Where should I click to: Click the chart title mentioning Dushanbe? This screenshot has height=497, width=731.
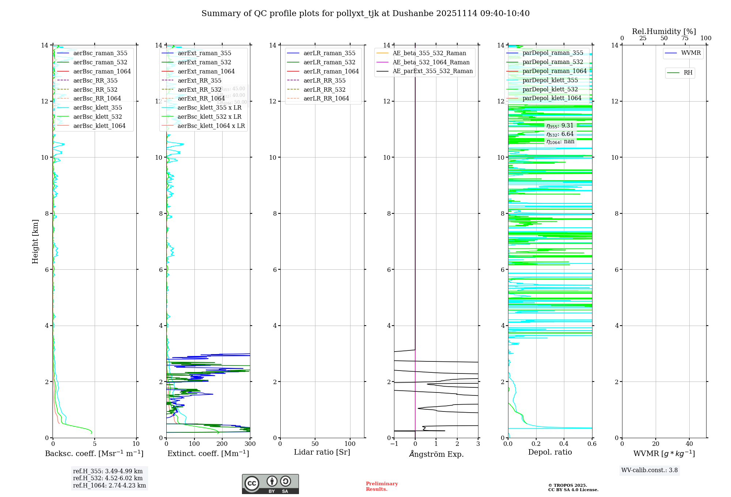click(365, 14)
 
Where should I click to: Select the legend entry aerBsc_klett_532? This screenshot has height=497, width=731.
click(97, 117)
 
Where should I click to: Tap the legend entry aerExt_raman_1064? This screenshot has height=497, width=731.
click(206, 72)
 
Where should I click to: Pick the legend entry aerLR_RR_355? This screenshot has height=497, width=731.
click(324, 81)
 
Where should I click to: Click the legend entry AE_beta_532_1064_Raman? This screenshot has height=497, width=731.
click(431, 62)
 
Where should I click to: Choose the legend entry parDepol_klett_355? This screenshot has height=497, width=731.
click(550, 80)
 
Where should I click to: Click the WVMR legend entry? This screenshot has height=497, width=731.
click(691, 53)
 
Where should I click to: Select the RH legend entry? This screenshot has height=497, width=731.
click(688, 73)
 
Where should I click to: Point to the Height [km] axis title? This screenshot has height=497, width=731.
click(35, 242)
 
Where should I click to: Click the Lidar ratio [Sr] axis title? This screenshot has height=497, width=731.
click(322, 452)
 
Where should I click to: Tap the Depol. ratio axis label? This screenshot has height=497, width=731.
click(550, 452)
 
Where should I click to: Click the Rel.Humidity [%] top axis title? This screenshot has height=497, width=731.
click(664, 32)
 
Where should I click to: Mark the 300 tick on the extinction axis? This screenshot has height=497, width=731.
click(250, 444)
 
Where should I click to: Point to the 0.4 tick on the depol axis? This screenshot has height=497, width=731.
click(564, 444)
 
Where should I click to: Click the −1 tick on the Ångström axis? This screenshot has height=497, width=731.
click(394, 444)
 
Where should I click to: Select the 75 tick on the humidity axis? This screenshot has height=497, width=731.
click(685, 38)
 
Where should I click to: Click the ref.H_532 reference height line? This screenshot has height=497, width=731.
click(108, 478)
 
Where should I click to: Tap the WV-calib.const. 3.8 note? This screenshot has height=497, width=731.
click(649, 470)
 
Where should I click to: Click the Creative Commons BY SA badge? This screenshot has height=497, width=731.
click(270, 484)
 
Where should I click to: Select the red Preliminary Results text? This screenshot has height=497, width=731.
click(382, 486)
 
